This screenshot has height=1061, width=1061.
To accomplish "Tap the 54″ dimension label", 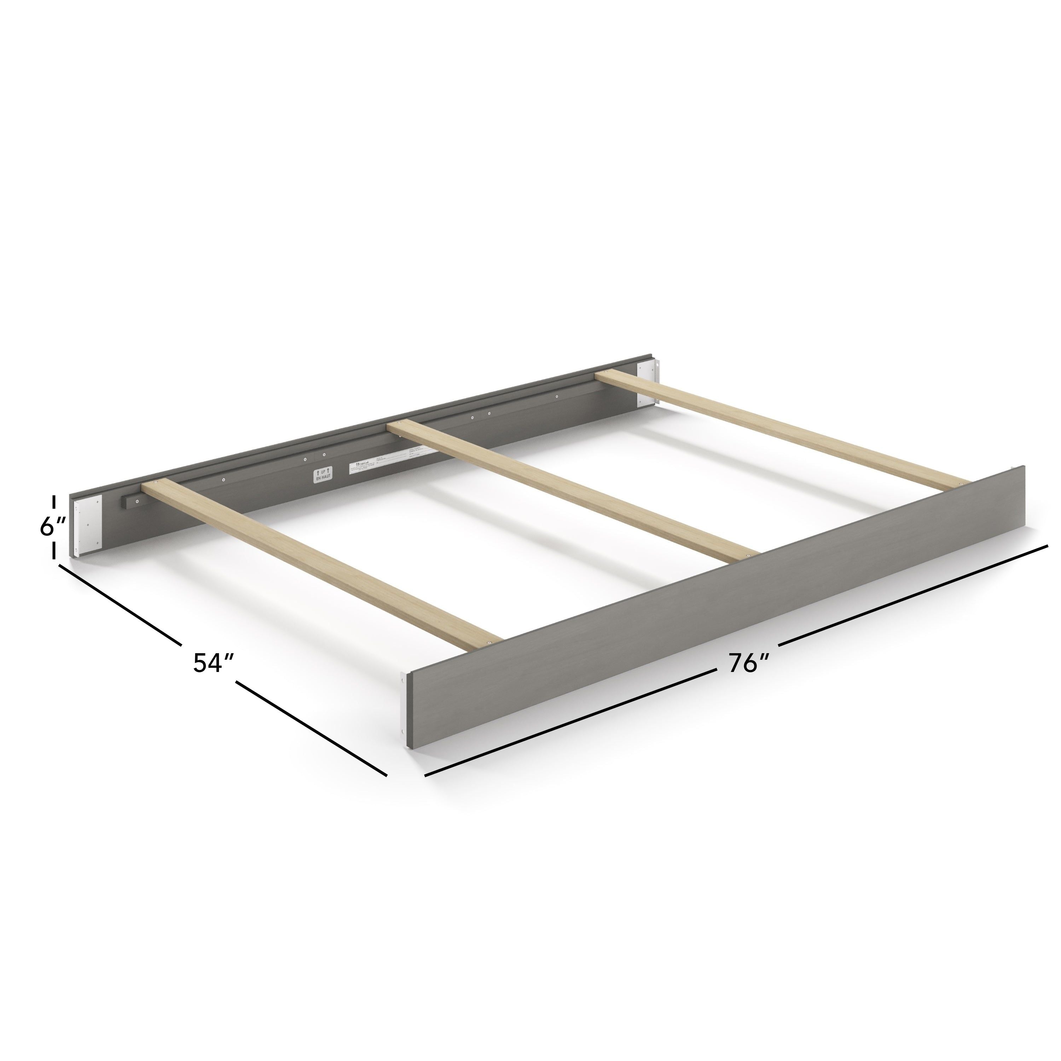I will click(x=214, y=663).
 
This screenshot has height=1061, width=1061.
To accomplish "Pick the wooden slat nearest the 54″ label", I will click(x=324, y=571).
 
